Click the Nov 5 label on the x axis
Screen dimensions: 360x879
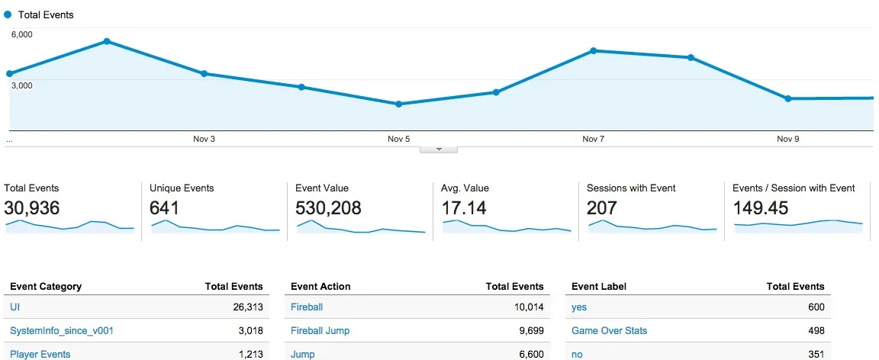[398, 139]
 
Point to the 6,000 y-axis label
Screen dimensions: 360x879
[21, 35]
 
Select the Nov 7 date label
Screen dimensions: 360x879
[593, 139]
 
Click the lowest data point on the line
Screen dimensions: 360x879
[398, 104]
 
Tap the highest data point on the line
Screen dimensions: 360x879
[107, 41]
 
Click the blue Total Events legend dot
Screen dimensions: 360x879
[8, 14]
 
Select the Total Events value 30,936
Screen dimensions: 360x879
[32, 207]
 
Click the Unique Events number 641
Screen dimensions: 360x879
[165, 207]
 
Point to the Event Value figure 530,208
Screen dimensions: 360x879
[328, 207]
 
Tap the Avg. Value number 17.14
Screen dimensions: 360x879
[464, 207]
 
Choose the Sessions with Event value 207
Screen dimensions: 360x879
[601, 207]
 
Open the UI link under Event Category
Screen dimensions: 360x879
[14, 307]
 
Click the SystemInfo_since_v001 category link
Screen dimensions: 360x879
[62, 331]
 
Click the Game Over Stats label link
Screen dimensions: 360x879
[609, 331]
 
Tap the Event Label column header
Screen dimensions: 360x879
[598, 287]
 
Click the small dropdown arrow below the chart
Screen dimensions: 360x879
[439, 149]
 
